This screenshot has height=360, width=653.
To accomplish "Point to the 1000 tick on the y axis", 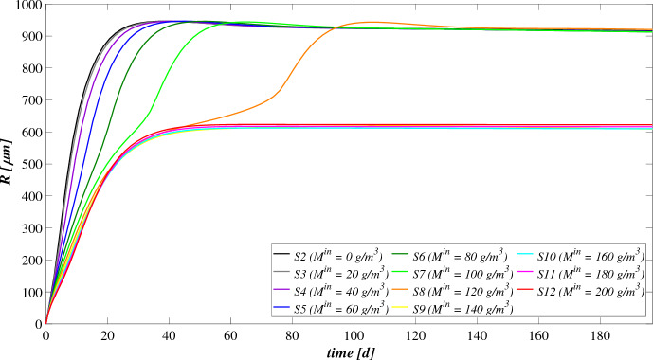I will [21, 6].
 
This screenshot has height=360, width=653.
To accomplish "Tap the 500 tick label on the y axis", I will [24, 165].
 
